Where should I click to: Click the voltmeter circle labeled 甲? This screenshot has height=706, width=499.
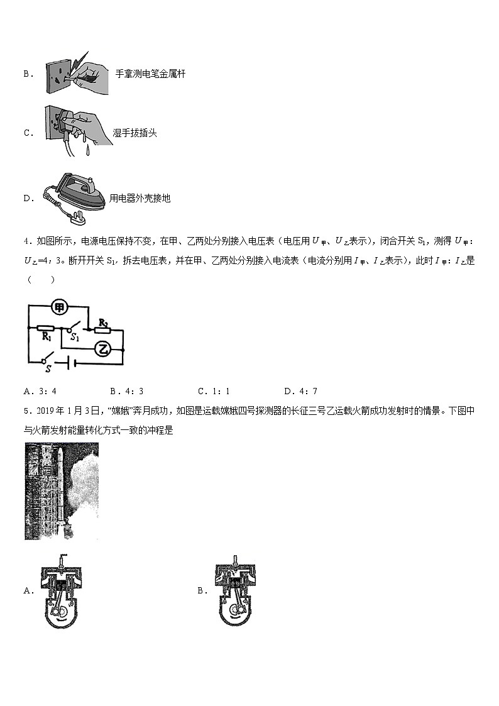[x=60, y=307]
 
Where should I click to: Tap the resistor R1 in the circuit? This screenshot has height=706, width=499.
[x=46, y=328]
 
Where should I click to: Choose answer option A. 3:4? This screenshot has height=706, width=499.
[x=40, y=391]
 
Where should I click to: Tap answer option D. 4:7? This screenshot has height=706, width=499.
[x=300, y=391]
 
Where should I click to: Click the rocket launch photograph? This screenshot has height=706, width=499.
[x=62, y=491]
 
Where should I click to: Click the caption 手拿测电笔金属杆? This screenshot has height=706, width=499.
[x=150, y=74]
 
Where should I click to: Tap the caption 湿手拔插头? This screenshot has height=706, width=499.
[x=134, y=133]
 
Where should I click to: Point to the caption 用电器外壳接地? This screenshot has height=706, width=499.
[x=140, y=198]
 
